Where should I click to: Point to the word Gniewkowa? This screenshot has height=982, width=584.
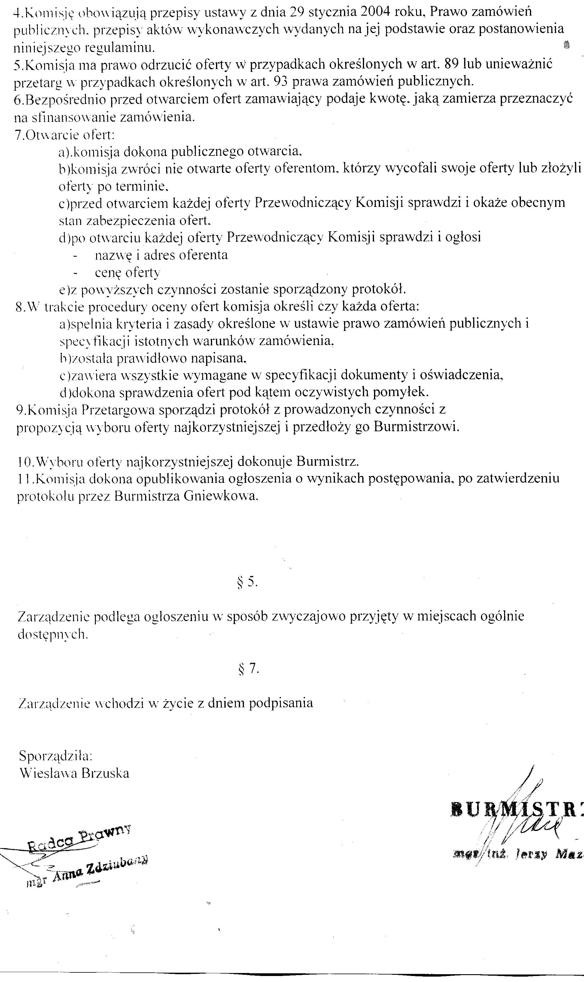pyautogui.click(x=221, y=496)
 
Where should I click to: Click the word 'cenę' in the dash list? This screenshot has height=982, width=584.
pyautogui.click(x=108, y=273)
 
